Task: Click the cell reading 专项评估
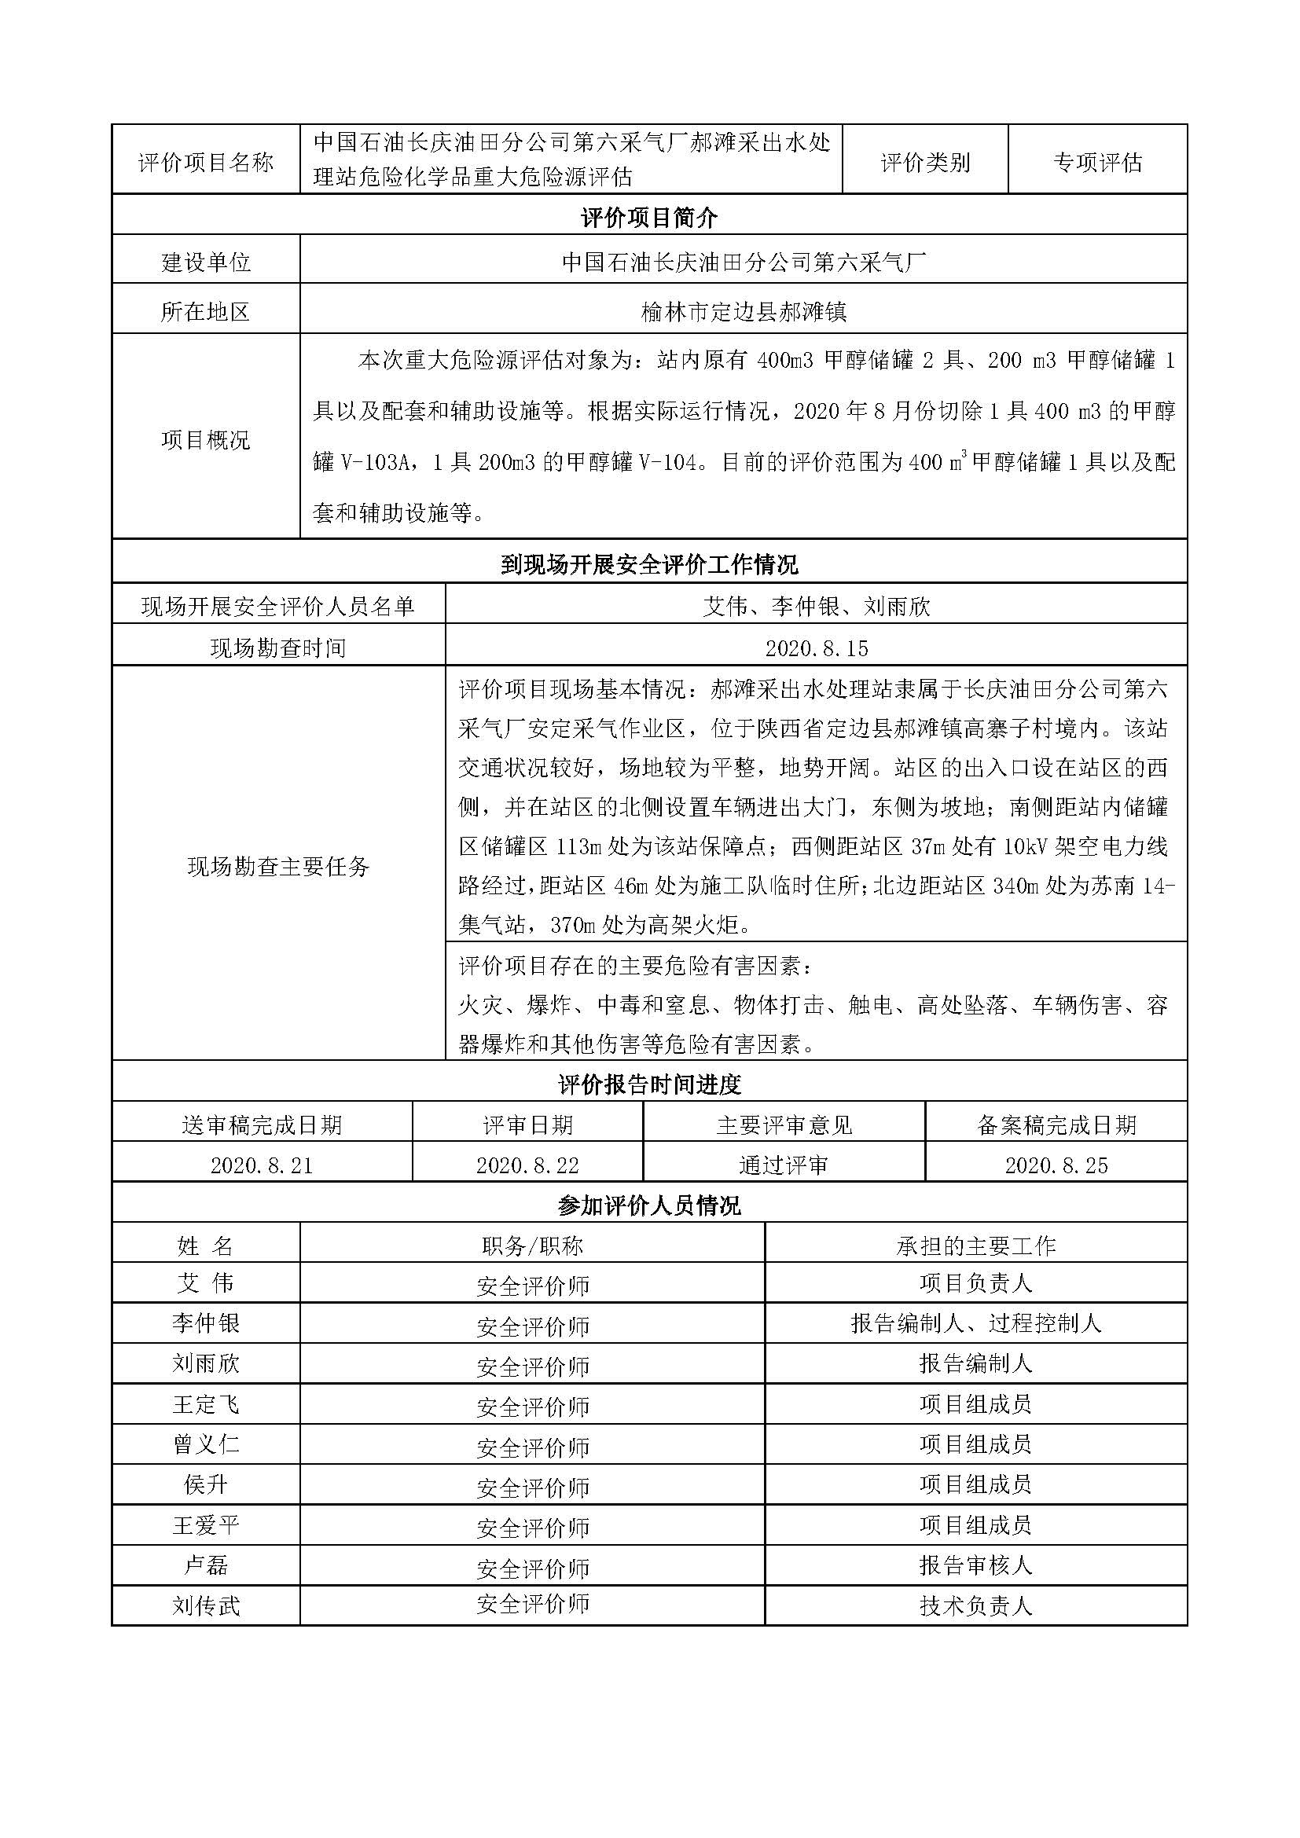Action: pos(1096,163)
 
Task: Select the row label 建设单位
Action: pos(206,262)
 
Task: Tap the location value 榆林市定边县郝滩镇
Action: pos(744,312)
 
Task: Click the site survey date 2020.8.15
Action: pos(817,648)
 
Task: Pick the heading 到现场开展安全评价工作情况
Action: pos(649,565)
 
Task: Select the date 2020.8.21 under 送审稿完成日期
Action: pos(262,1165)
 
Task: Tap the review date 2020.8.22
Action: pos(527,1165)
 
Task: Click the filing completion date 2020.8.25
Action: pos(1056,1165)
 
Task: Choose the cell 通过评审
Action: pos(784,1165)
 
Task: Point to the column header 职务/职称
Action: pos(532,1246)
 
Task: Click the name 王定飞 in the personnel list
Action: pos(206,1404)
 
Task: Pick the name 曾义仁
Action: pos(206,1444)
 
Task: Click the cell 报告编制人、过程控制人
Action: pos(976,1323)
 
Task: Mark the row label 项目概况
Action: pos(206,439)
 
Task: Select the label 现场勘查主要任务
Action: pos(277,866)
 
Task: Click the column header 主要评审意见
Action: pos(784,1125)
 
